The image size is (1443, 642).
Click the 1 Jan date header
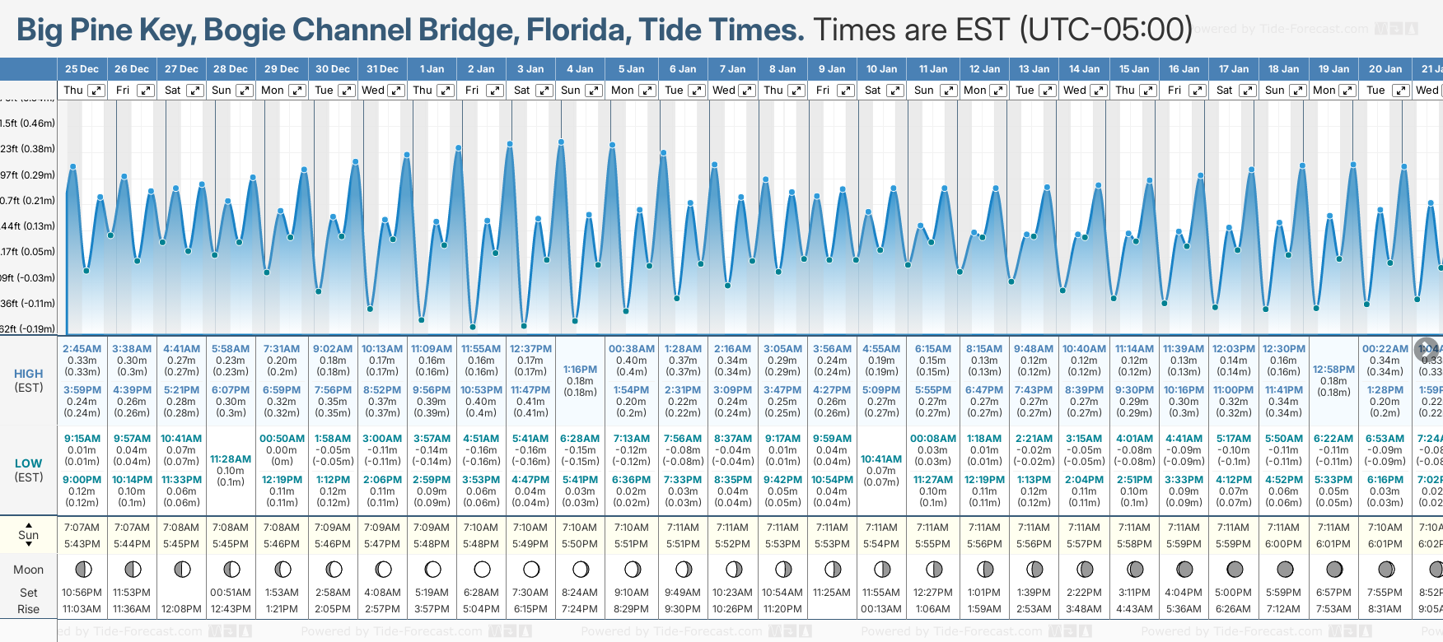click(x=432, y=69)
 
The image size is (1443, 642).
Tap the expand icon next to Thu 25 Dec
click(x=96, y=91)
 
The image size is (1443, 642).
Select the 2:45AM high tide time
click(x=82, y=349)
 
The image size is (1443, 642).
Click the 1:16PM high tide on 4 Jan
click(x=580, y=370)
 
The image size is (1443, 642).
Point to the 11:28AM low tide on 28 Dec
click(x=231, y=459)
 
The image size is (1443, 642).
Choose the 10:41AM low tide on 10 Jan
click(x=881, y=459)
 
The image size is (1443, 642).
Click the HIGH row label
click(x=28, y=374)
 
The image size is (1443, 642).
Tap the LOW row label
click(x=28, y=463)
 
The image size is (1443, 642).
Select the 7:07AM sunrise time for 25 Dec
click(x=82, y=528)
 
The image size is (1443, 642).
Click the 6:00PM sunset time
click(x=1283, y=544)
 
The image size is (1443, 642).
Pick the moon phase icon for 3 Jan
click(x=531, y=569)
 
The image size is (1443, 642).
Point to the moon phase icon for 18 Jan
click(x=1284, y=569)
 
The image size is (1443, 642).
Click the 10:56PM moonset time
click(x=82, y=593)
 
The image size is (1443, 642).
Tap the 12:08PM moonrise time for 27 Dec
click(x=181, y=609)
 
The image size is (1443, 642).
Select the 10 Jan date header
click(x=881, y=69)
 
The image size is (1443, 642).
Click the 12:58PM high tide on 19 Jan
click(x=1333, y=370)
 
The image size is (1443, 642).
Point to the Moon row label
click(x=28, y=570)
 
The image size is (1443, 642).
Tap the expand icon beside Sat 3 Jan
click(x=544, y=91)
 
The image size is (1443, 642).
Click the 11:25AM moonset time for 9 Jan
click(x=832, y=593)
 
